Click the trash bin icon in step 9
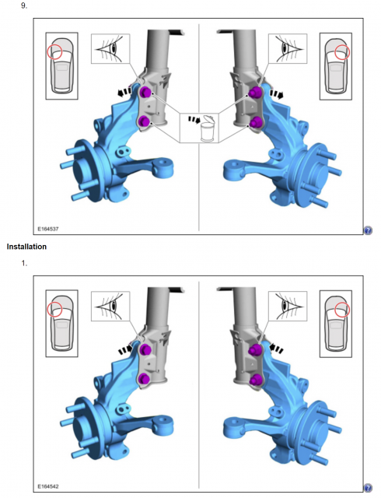point(208,128)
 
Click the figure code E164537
point(48,229)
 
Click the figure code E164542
point(48,486)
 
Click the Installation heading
point(26,247)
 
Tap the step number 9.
point(24,5)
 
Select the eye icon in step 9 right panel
point(288,49)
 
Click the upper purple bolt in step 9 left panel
point(145,93)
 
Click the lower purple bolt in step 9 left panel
point(144,121)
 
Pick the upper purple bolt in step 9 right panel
point(254,93)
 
